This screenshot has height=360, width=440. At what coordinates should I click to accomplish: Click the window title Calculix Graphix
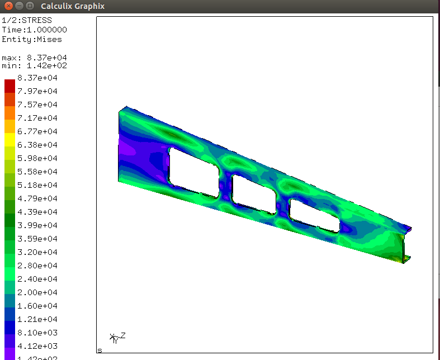coord(73,6)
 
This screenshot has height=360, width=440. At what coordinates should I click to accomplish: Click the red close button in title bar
coord(7,6)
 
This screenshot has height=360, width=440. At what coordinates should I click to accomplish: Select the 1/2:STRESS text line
coord(27,21)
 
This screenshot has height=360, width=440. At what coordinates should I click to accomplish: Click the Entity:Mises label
coord(32,39)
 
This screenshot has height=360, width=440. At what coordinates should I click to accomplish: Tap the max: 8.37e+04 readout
coord(34,58)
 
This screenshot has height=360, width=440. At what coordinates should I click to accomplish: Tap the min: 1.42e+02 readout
coord(34,65)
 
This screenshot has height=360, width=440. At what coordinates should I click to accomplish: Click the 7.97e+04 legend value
coord(37,91)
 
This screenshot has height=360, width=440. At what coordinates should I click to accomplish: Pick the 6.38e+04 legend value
coord(37,145)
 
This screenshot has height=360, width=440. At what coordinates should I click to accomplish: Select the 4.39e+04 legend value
coord(37,212)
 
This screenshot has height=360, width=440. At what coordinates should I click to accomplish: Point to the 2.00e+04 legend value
coord(37,292)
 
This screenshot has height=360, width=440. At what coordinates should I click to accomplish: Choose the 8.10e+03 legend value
coord(37,333)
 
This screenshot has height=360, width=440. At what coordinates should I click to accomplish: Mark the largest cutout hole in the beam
coord(193,172)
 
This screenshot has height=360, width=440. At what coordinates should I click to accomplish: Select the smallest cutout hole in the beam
coord(314,216)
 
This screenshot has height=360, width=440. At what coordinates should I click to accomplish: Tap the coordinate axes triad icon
coord(115,338)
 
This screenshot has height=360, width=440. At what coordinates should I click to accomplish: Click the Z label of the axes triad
coord(123,335)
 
